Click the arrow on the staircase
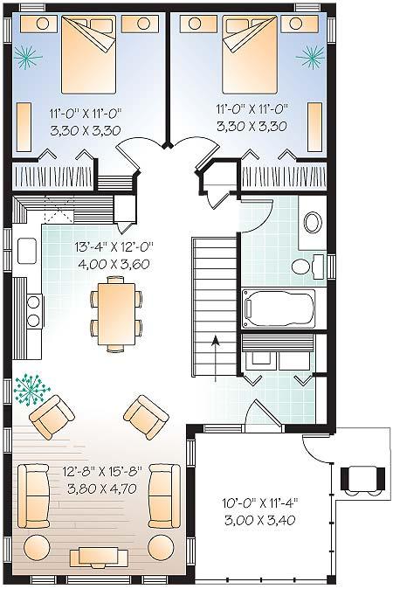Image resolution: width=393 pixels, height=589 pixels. (216, 359)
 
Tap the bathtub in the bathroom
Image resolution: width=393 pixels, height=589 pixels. (279, 308)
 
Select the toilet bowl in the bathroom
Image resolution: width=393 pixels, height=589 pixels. (304, 267)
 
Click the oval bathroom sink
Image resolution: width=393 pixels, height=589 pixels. (313, 223)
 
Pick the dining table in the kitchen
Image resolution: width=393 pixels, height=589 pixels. (116, 314)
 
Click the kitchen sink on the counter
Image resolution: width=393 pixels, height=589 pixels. (27, 251)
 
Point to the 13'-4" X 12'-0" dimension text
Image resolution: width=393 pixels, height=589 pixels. (114, 246)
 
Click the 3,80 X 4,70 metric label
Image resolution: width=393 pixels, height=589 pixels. (102, 489)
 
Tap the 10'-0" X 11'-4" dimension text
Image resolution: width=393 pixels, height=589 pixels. (259, 502)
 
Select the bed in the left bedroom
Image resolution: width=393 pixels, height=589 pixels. (88, 54)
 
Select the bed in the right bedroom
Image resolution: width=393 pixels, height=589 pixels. (250, 54)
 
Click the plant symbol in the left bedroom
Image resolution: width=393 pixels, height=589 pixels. (27, 58)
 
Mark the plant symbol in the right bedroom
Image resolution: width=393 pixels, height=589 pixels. (310, 57)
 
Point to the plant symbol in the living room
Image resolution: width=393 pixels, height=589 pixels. (31, 390)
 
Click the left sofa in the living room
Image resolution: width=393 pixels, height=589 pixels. (34, 495)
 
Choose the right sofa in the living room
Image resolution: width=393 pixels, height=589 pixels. (164, 495)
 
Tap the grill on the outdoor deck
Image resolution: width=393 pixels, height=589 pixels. (362, 479)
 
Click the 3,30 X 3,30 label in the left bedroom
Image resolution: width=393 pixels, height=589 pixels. (86, 130)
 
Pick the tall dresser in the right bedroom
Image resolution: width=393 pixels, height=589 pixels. (314, 127)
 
